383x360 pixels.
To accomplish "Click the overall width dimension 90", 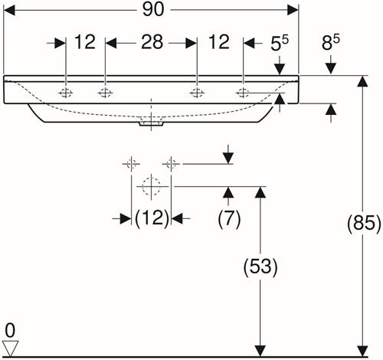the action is pos(153,10).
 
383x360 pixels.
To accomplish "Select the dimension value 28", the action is pos(152,42).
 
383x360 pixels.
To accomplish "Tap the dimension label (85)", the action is pos(364,224).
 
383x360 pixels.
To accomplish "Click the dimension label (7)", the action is pos(229,218).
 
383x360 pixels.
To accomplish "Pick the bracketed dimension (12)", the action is pos(152,218).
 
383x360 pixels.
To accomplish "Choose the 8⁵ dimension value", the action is pos(330,42).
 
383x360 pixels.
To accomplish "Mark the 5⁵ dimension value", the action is pos(280,42).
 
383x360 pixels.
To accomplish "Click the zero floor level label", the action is pos(10,331).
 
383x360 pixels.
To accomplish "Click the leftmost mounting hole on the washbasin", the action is pos(66,93).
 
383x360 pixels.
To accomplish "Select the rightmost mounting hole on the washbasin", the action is pos(243,93).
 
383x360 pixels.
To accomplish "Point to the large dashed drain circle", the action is pos(152,187).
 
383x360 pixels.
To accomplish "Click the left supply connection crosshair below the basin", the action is pos(131,163).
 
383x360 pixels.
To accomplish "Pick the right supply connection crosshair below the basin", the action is pos(171,163).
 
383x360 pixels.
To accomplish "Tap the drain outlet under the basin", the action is pos(151,123).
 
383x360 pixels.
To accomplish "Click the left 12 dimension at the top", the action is pos(85,42).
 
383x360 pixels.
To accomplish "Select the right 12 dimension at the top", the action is pos(219,42).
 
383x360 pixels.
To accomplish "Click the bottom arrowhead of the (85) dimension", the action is pos(362,351).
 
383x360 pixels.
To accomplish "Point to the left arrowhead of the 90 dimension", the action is pos(9,10).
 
